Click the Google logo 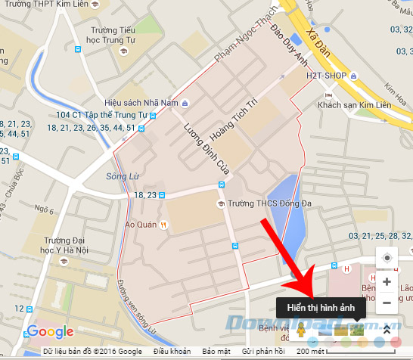coord(51,331)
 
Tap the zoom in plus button coord(387,281)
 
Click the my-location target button coord(387,258)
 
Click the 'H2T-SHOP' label coord(328,76)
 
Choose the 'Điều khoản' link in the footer coord(172,352)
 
